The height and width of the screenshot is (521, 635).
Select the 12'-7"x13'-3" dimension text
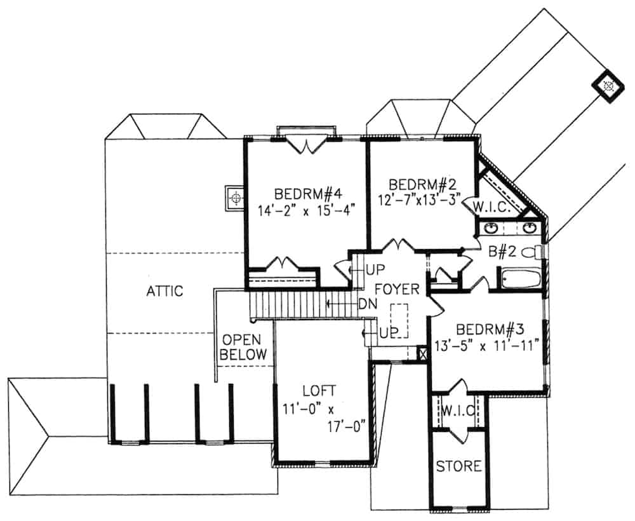coord(424,199)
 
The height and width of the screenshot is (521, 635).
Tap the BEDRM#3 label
coord(490,330)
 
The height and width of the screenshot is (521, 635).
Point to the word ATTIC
coord(164,291)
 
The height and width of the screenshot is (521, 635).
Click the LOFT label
coord(319,391)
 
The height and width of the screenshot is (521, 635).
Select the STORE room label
coord(458,466)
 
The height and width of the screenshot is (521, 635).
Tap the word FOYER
coord(398,290)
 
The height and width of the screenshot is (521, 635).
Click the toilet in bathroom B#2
coord(532,252)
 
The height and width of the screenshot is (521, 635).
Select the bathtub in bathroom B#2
coord(519,280)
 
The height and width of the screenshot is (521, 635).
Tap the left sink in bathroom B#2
coord(490,228)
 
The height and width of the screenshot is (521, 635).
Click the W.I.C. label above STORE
coord(458,411)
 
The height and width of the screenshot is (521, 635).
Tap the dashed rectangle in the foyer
coord(399,321)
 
